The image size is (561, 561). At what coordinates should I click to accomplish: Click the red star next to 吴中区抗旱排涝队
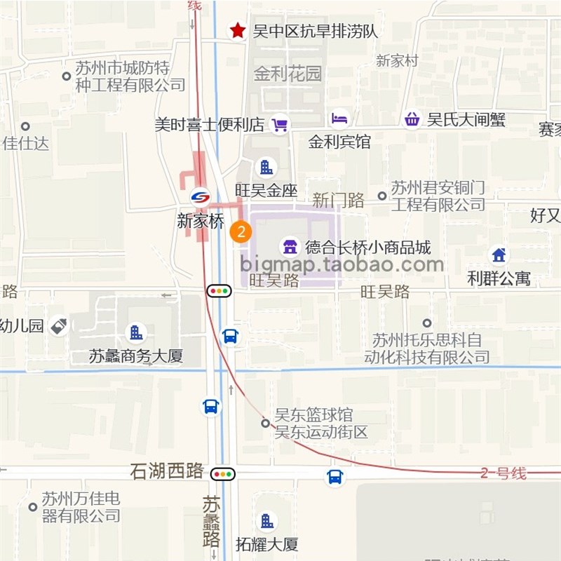point(238,30)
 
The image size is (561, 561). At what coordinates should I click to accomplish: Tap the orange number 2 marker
point(241,232)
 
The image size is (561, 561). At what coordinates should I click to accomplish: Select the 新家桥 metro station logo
point(201,197)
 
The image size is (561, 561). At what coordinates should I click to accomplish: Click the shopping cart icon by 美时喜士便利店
point(280,124)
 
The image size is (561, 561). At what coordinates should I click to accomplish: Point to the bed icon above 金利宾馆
point(339,119)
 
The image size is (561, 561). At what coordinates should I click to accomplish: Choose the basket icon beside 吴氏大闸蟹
point(412,119)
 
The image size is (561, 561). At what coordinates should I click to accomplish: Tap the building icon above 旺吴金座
point(266,167)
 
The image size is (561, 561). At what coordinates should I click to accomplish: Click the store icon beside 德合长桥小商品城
point(288,246)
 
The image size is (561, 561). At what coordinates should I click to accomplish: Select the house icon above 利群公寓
point(499,255)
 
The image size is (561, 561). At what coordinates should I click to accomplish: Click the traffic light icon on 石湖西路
point(223,474)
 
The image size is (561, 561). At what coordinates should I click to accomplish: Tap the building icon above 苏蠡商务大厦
point(136,332)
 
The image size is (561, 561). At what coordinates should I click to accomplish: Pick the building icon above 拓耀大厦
point(266,520)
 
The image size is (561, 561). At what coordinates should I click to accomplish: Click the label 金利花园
point(288,74)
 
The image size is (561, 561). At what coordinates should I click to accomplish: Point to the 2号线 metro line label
point(503,473)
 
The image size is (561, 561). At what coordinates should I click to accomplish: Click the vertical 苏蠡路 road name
point(211,522)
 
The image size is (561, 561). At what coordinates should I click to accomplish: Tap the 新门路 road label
point(339,201)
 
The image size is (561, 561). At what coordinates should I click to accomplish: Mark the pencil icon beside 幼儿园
point(60,326)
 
